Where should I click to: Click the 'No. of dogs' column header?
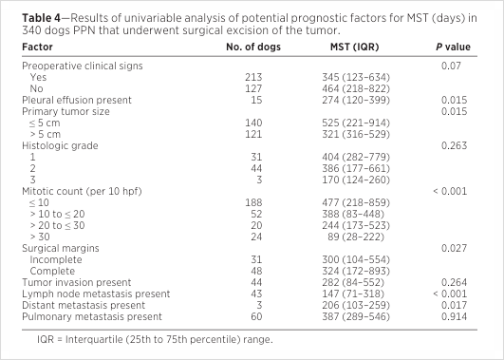[x=253, y=47]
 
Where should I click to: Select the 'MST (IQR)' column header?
[x=355, y=47]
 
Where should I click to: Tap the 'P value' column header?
[x=453, y=47]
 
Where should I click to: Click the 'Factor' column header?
[x=37, y=47]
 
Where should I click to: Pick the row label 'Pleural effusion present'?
[x=77, y=100]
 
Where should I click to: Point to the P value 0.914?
[x=454, y=316]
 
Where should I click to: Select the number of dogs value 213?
[x=253, y=77]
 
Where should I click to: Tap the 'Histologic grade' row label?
[x=60, y=145]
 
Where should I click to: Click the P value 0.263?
[x=454, y=145]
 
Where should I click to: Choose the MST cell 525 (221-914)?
[x=356, y=123]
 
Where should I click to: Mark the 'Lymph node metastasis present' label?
[x=96, y=294]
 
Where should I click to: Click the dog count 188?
[x=253, y=202]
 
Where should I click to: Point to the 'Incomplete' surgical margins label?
[x=56, y=259]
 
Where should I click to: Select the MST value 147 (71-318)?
[x=353, y=294]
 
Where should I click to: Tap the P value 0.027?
[x=454, y=248]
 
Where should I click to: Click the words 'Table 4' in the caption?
[x=41, y=18]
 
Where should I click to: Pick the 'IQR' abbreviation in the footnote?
[x=46, y=339]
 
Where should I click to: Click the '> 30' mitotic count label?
[x=40, y=237]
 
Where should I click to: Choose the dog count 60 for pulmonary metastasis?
[x=256, y=316]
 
